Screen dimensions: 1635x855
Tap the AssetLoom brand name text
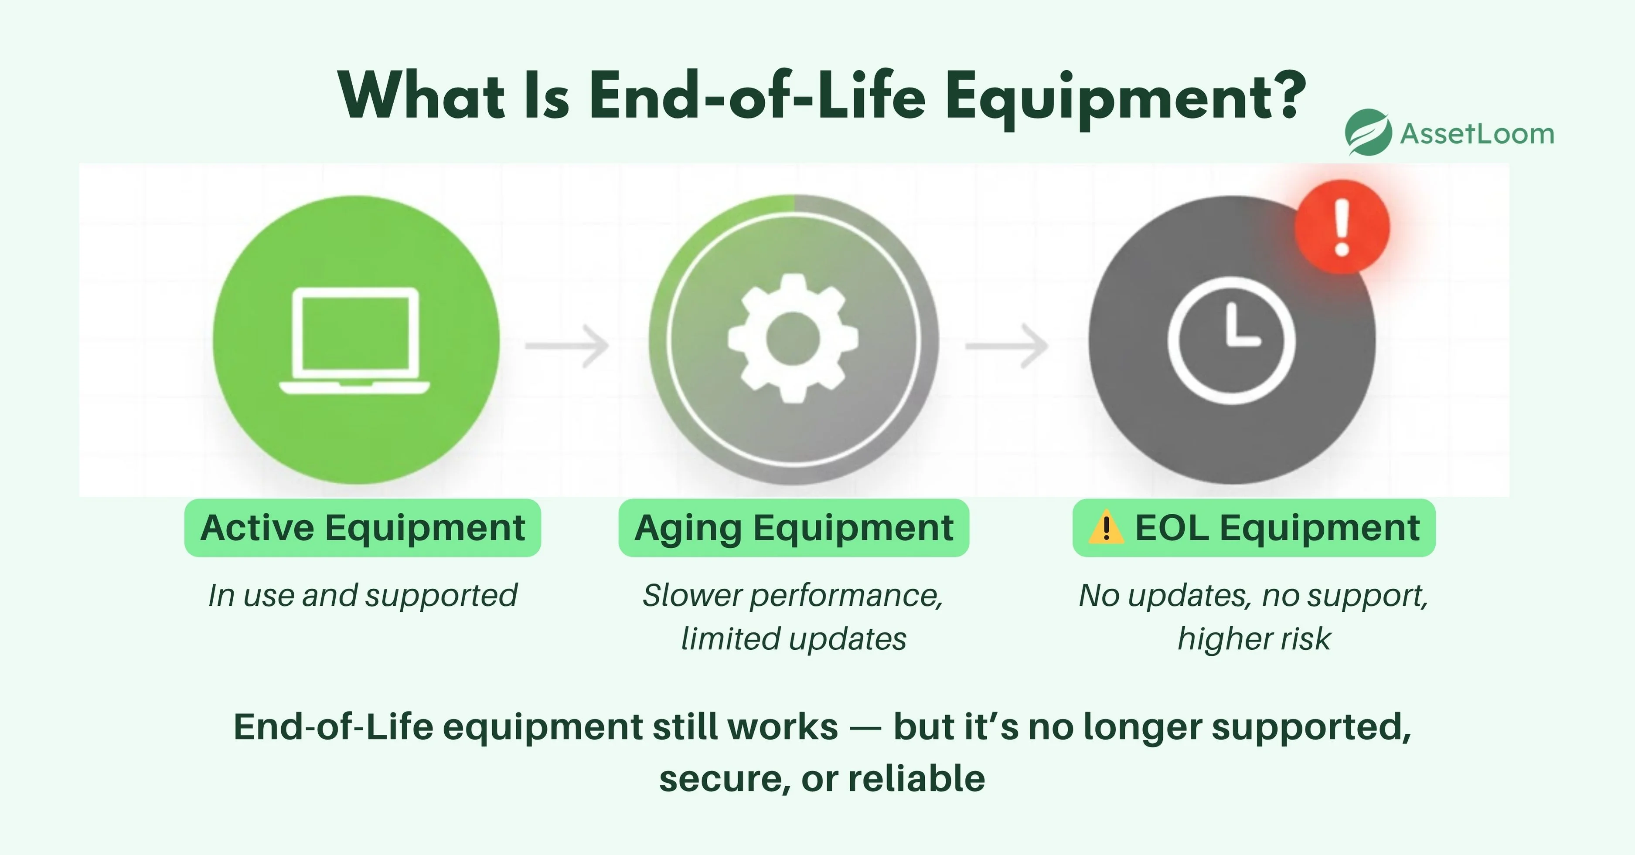[x=1477, y=134]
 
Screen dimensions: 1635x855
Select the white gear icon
[x=794, y=339]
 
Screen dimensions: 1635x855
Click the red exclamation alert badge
[x=1342, y=227]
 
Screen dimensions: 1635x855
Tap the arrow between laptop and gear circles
[x=567, y=346]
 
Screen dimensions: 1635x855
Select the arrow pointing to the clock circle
[x=1007, y=346]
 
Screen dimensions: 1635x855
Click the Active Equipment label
[x=362, y=528]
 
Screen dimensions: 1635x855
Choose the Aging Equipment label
[x=794, y=528]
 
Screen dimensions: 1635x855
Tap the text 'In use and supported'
[x=362, y=596]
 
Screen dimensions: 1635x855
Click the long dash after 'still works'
[x=866, y=728]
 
